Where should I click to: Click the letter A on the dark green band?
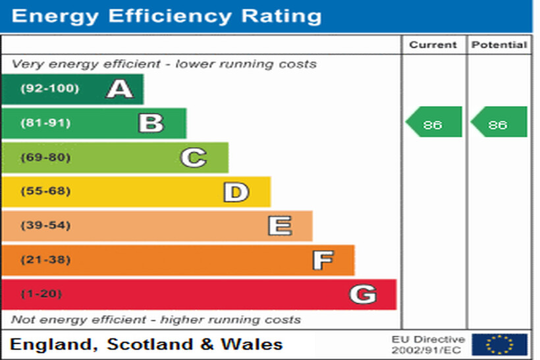point(120,88)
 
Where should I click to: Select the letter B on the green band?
point(151,123)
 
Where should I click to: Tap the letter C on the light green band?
point(194,157)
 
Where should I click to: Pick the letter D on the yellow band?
point(236,192)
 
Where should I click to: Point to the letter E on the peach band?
point(279,226)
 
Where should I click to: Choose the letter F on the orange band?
point(322,261)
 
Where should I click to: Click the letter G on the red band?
point(363,294)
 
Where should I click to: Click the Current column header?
point(433,45)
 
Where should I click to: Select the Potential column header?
point(499,45)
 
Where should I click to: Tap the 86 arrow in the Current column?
point(433,122)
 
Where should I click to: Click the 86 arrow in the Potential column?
point(499,122)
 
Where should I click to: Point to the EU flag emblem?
point(499,344)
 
